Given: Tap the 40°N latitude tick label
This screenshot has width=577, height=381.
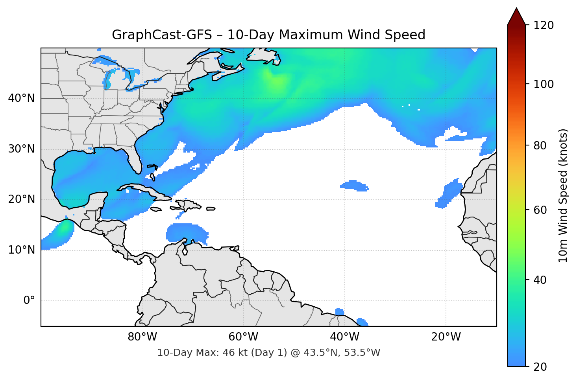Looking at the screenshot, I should (21, 98).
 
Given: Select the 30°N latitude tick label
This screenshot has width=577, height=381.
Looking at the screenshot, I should (21, 149).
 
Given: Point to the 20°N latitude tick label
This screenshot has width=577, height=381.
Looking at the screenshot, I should (21, 199).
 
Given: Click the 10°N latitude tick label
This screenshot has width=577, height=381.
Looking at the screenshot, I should (21, 250).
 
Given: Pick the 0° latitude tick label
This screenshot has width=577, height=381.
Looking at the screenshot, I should (29, 301).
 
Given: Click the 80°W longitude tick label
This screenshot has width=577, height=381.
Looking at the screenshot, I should (142, 337).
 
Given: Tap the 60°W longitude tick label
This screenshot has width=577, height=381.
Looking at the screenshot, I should (244, 337).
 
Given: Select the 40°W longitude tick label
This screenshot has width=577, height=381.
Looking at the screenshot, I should (345, 337).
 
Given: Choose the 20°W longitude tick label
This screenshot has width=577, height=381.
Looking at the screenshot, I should (446, 337).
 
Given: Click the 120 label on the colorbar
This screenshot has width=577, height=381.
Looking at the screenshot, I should (544, 25).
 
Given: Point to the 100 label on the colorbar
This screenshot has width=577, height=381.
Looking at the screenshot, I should (544, 84).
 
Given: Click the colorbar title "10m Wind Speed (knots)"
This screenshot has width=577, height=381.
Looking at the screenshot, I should (563, 195).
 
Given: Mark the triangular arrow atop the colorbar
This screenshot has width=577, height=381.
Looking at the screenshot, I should (516, 17).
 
